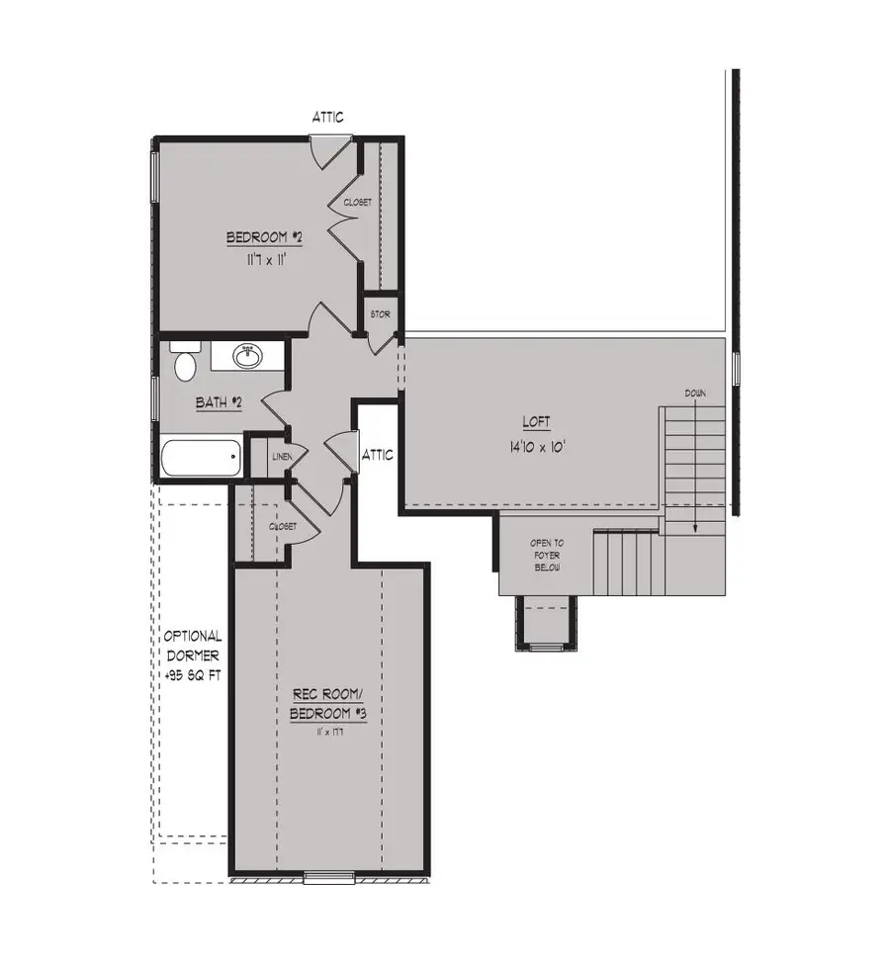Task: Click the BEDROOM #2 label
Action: coord(264,238)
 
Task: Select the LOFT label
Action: coord(537,423)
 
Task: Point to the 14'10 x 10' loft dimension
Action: coord(537,445)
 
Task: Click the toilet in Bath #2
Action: coord(184,364)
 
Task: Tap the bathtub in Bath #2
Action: coord(202,459)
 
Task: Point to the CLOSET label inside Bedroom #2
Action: coord(358,202)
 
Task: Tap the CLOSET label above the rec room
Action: coord(284,527)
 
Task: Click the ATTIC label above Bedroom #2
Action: coord(328,117)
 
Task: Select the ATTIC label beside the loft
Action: coord(378,456)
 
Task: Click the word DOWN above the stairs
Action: coord(695,394)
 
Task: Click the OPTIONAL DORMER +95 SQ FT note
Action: coord(193,656)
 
